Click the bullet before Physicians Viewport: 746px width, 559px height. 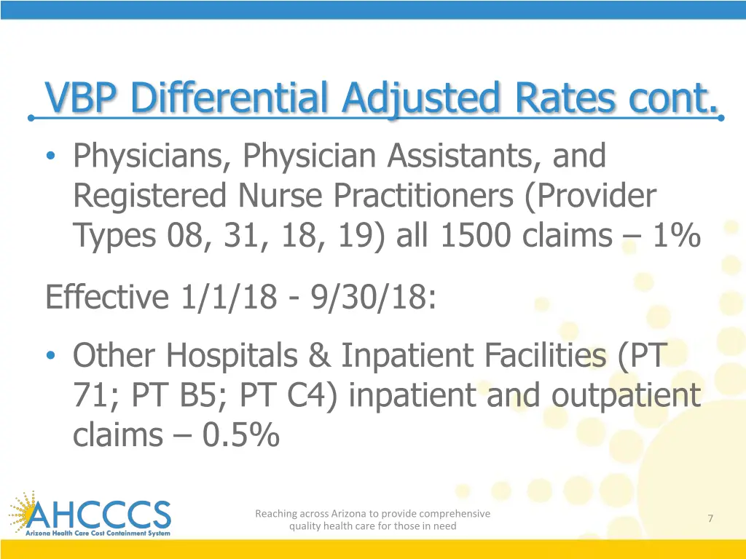(50, 156)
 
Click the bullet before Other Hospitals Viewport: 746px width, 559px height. (50, 356)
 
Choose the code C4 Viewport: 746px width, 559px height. (305, 395)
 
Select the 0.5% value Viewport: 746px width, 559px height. (241, 435)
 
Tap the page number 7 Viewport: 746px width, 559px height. (710, 518)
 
